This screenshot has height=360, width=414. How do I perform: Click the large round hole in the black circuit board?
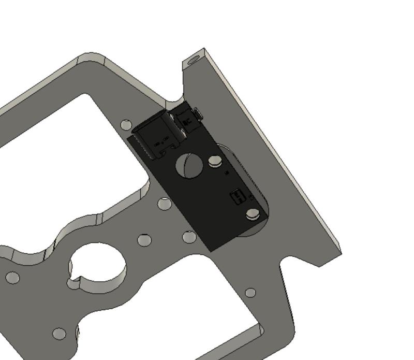(x=189, y=165)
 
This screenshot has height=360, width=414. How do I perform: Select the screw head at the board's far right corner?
(x=253, y=214)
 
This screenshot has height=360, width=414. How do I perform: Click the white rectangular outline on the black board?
(x=238, y=197)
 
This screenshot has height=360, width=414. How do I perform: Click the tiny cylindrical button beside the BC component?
(x=197, y=113)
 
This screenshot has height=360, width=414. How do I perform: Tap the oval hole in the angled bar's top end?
(x=195, y=60)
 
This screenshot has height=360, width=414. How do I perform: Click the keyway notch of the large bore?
(x=76, y=283)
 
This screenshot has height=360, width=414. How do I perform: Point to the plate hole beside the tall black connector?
(x=126, y=124)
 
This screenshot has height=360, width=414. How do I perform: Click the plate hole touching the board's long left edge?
(x=165, y=204)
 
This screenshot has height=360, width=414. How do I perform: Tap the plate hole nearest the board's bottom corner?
(x=189, y=237)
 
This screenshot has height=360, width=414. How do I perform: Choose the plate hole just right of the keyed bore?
(x=144, y=240)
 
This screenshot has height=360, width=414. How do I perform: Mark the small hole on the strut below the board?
(x=250, y=293)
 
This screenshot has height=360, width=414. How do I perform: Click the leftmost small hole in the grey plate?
(x=12, y=278)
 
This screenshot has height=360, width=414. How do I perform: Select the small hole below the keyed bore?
(x=60, y=334)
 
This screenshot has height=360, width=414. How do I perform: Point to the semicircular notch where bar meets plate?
(x=176, y=99)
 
